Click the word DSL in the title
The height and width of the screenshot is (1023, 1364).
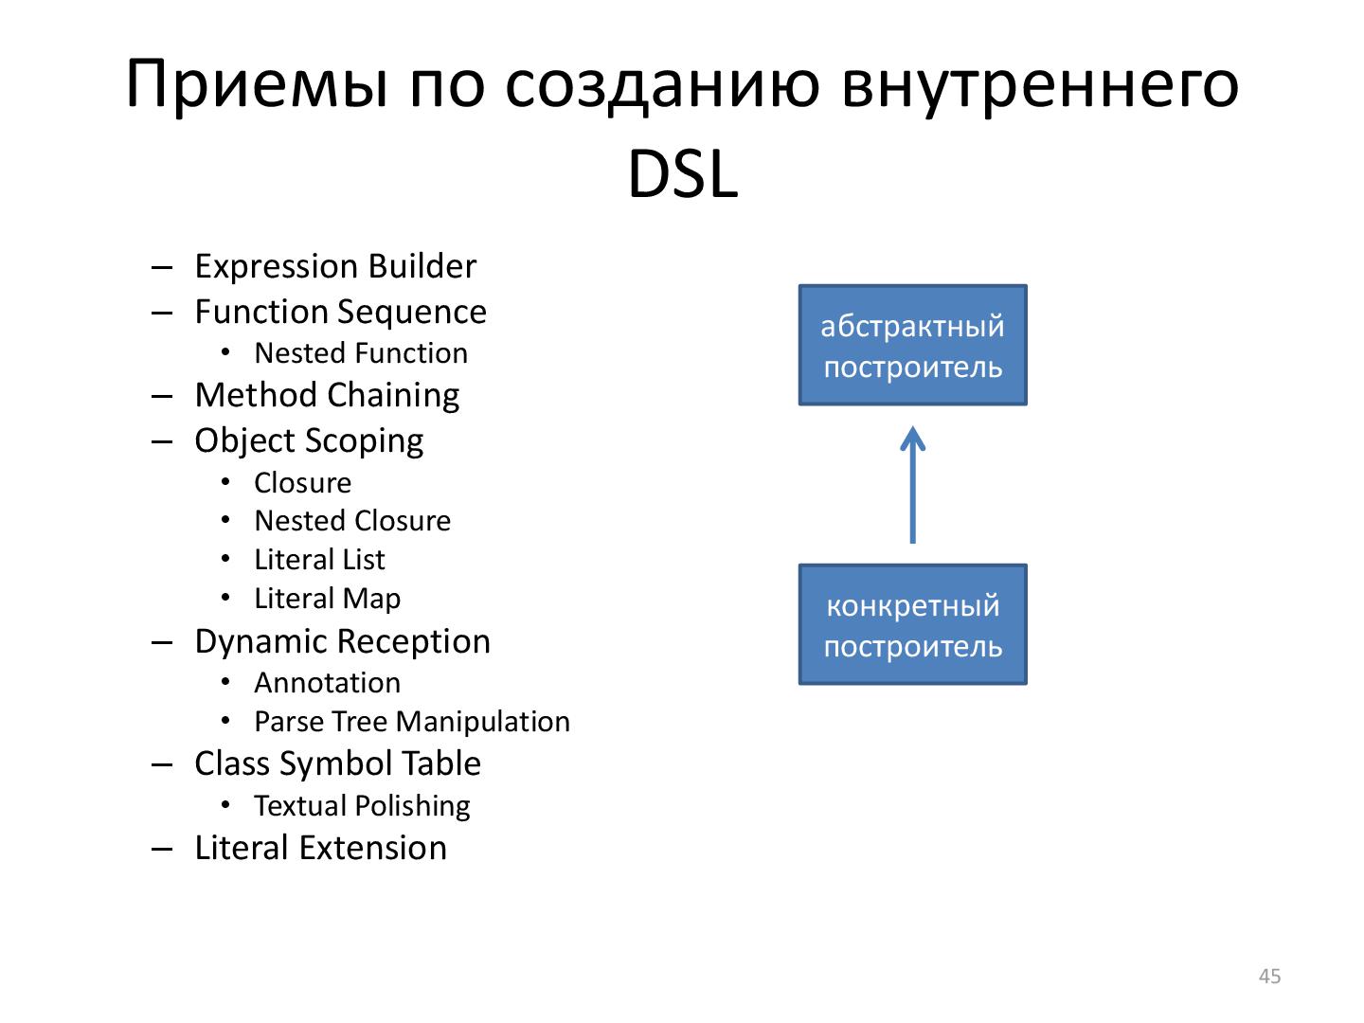click(x=682, y=176)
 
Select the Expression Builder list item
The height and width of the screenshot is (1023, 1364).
click(x=334, y=266)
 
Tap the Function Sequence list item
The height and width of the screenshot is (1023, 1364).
click(x=340, y=312)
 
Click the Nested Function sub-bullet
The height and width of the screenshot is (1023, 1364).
click(x=361, y=353)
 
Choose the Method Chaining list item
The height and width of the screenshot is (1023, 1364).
click(x=327, y=395)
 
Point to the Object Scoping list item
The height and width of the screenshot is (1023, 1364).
click(x=309, y=440)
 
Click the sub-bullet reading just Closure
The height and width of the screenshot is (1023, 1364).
click(x=302, y=483)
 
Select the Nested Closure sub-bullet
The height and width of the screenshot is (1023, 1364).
click(x=352, y=521)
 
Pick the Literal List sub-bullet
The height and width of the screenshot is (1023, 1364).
click(x=319, y=560)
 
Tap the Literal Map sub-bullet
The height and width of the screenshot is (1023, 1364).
click(x=327, y=599)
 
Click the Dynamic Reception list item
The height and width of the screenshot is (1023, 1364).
click(x=342, y=641)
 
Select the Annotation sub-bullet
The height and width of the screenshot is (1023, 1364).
click(x=327, y=683)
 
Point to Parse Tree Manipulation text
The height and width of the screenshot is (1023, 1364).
click(x=412, y=722)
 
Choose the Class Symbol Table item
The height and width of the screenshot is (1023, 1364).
click(x=337, y=763)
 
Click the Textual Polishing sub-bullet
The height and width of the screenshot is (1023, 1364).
click(x=362, y=806)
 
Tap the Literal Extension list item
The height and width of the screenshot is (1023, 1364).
click(x=320, y=848)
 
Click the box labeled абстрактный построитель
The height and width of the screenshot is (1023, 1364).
click(x=912, y=346)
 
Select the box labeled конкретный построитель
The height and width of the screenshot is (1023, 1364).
click(x=912, y=625)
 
